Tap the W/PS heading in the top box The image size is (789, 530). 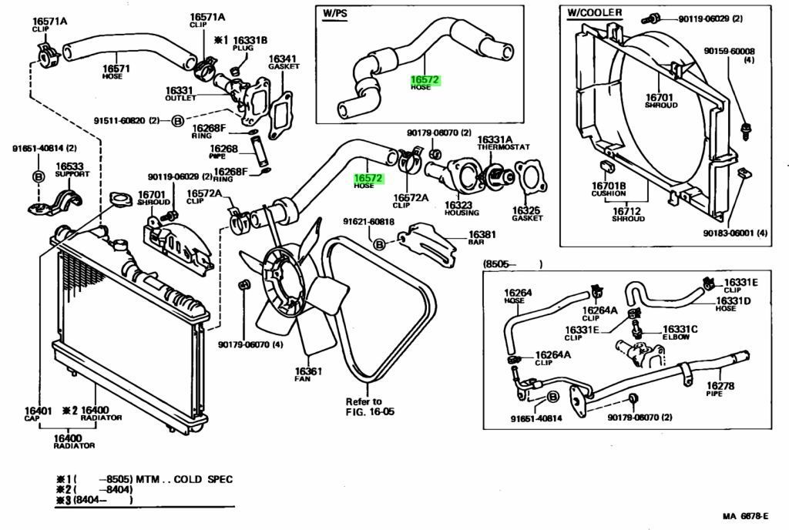(x=336, y=12)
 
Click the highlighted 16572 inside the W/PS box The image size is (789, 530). (x=425, y=79)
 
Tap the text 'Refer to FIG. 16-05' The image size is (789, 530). (x=369, y=406)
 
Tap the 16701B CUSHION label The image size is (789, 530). (x=608, y=190)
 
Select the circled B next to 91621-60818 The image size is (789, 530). (x=379, y=244)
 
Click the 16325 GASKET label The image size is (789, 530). (x=527, y=212)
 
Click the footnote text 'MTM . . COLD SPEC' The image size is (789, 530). (x=183, y=479)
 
